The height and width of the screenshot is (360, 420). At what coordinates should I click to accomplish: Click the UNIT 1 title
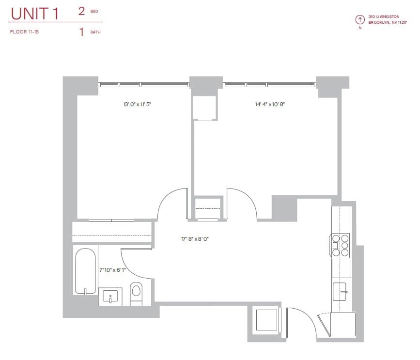pyautogui.click(x=34, y=14)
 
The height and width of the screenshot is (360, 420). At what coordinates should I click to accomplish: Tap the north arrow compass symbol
pyautogui.click(x=360, y=20)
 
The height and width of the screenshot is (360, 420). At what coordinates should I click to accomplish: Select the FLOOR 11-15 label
pyautogui.click(x=24, y=32)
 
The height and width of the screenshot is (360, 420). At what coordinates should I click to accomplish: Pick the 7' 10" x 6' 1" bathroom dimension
pyautogui.click(x=112, y=270)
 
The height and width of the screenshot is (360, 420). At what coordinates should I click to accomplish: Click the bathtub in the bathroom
pyautogui.click(x=85, y=271)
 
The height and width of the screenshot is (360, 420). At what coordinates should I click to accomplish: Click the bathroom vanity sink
pyautogui.click(x=110, y=297)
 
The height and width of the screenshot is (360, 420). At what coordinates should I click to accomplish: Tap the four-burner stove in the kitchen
pyautogui.click(x=341, y=245)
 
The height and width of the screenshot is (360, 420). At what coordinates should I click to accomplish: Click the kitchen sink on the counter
pyautogui.click(x=341, y=291)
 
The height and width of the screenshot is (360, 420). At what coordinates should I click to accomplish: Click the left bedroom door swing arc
pyautogui.click(x=171, y=203)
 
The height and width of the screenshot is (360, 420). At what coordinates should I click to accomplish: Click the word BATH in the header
pyautogui.click(x=95, y=32)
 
